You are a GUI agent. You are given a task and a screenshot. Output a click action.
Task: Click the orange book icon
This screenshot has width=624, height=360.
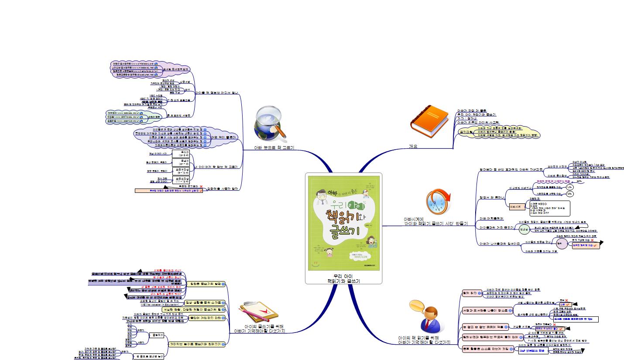pos(429,119)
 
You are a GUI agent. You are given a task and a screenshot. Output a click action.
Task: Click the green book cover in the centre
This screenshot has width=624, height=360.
pos(344,223)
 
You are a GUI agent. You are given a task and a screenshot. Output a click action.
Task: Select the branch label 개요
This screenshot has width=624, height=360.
pos(413,147)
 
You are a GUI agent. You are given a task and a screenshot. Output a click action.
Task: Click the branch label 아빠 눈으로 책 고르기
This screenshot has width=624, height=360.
pos(274,148)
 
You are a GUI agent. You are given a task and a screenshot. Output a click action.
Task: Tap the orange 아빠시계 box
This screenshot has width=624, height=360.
pos(516,207)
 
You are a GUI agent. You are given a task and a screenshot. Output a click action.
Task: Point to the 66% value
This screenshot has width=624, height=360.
pos(579,181)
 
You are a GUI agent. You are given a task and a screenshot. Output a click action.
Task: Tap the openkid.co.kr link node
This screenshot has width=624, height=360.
pos(125,121)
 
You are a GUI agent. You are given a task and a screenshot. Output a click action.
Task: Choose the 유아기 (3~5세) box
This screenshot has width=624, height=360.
pos(181,154)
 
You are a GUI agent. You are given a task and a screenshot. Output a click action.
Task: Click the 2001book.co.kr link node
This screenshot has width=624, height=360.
pos(124,117)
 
